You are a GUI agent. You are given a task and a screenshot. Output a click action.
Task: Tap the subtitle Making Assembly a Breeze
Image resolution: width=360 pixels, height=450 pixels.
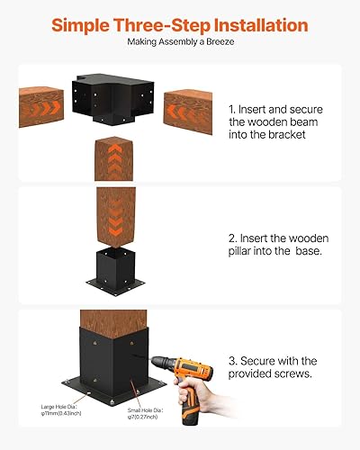pyautogui.click(x=180, y=41)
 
